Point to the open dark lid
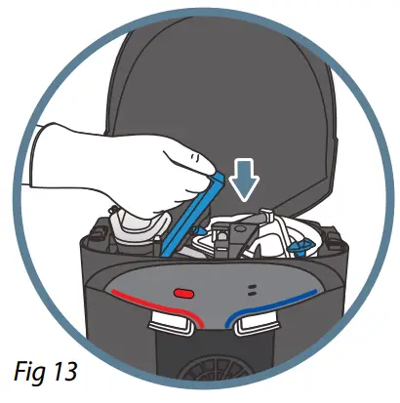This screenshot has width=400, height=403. coord(215,88)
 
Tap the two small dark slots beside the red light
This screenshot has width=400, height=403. coord(252,289)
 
